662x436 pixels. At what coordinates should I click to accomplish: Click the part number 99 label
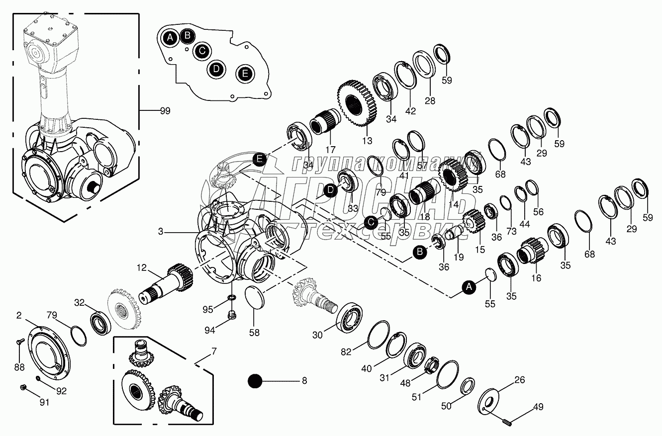pyautogui.click(x=164, y=111)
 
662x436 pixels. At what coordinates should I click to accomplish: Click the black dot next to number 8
pyautogui.click(x=255, y=381)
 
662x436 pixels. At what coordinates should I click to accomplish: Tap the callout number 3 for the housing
pyautogui.click(x=161, y=231)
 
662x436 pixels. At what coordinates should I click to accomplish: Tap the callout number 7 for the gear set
pyautogui.click(x=214, y=352)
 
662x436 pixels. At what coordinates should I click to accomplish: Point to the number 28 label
pyautogui.click(x=430, y=100)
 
